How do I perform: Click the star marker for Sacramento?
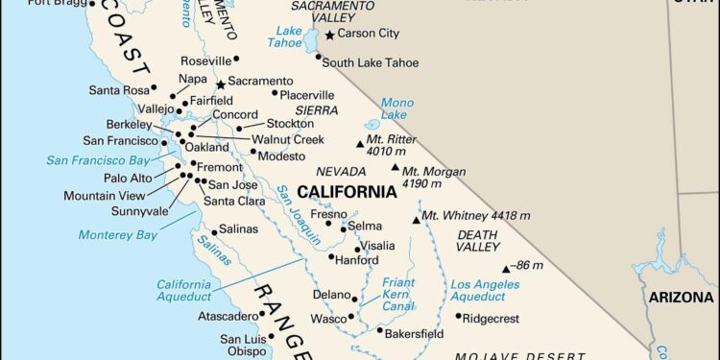point(220,84)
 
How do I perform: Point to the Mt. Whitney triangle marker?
point(416,219)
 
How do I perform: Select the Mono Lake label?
point(396,108)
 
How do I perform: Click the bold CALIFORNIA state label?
point(347,191)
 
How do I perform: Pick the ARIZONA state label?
point(681,298)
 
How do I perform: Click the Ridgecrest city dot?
point(458,316)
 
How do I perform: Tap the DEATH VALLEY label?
point(477,239)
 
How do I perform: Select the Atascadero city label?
point(228,316)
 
